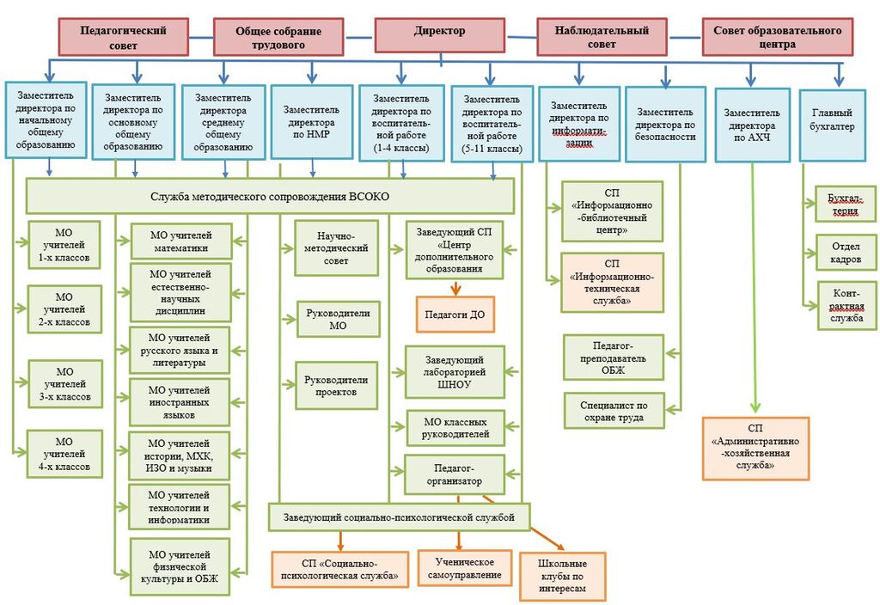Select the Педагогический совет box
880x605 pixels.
(x=123, y=37)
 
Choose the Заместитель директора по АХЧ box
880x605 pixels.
(x=752, y=123)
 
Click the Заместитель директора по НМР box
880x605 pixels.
(x=311, y=121)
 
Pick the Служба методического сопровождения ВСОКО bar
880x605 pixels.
(x=270, y=196)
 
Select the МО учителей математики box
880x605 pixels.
(x=180, y=241)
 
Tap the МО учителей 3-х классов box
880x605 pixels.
(x=65, y=384)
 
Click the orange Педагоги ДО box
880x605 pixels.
(x=455, y=315)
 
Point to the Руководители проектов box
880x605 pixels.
(x=336, y=385)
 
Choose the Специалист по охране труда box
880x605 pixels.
(x=614, y=411)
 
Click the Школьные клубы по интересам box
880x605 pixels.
(x=562, y=576)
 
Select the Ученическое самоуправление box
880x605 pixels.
(x=464, y=568)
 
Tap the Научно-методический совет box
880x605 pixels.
(x=336, y=247)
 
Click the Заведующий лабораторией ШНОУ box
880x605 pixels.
(x=455, y=372)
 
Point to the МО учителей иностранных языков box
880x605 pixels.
(x=180, y=401)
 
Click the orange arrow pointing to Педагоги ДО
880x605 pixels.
(x=455, y=288)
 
